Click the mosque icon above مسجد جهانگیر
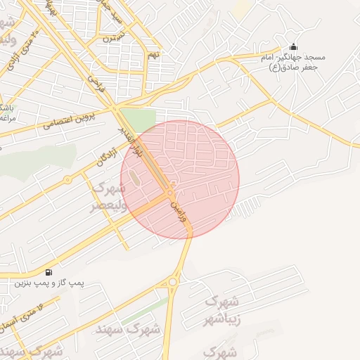[292, 46]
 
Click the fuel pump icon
[48, 272]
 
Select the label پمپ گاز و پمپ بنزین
[49, 283]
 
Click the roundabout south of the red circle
[173, 283]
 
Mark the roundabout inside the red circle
[171, 192]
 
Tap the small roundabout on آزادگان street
[67, 180]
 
